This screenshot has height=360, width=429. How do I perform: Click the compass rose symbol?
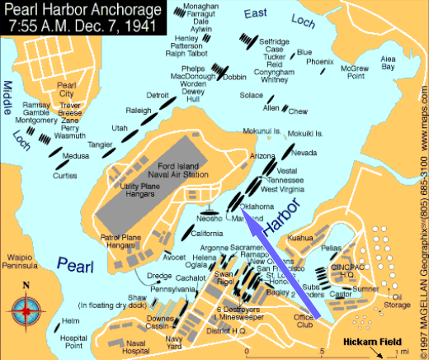coord(25,312)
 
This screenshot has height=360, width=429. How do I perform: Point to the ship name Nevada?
coord(304,154)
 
